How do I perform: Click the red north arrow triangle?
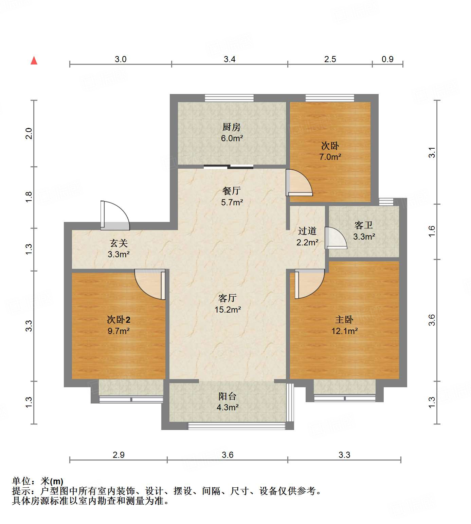(x=34, y=61)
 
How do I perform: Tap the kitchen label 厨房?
(x=232, y=127)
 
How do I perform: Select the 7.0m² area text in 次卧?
(x=330, y=157)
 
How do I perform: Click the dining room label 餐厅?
(x=232, y=191)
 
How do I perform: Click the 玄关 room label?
(x=119, y=243)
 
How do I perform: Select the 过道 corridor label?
(x=307, y=231)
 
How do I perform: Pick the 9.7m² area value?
(x=119, y=331)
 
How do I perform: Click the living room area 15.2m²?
(x=228, y=310)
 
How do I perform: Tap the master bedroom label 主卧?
(x=344, y=320)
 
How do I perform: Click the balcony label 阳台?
(x=227, y=396)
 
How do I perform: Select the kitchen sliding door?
(x=229, y=167)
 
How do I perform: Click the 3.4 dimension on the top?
(x=230, y=59)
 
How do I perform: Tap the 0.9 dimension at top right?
(x=387, y=59)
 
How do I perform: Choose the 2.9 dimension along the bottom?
(x=119, y=455)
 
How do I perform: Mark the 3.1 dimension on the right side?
(x=432, y=152)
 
